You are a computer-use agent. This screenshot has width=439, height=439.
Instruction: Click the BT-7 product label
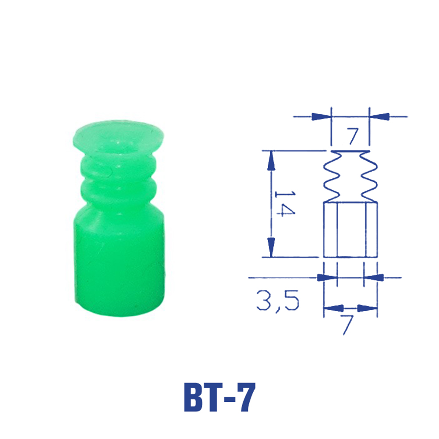tap(219, 397)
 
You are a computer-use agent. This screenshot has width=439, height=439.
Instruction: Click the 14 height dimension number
tap(284, 204)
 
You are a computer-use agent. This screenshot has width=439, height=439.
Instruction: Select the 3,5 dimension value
tap(277, 301)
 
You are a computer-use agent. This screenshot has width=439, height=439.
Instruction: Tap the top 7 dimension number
tap(353, 136)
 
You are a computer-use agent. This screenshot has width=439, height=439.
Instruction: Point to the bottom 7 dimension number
tap(347, 325)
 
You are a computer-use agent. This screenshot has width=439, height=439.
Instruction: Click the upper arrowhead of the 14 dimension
tap(271, 161)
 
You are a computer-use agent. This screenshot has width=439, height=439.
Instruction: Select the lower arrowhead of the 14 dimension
tap(271, 247)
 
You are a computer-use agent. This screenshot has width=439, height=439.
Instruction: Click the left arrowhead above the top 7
tap(322, 117)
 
